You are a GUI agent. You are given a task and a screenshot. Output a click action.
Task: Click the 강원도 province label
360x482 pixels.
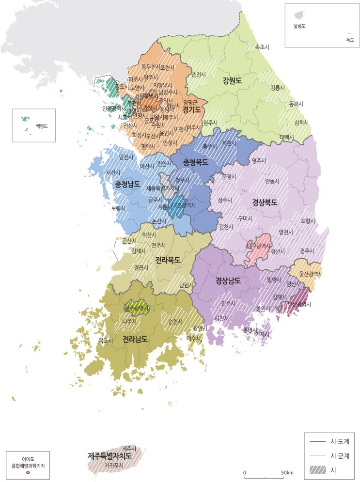(x=232, y=80)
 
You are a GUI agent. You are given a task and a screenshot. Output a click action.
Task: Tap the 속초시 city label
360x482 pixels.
(x=262, y=47)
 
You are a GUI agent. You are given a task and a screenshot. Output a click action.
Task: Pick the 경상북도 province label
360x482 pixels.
(x=265, y=202)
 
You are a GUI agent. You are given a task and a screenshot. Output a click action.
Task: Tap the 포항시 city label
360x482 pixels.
(x=308, y=221)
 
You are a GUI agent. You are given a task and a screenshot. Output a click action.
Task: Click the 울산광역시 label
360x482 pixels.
(x=311, y=274)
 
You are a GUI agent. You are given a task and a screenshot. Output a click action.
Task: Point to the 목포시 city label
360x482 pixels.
(x=106, y=341)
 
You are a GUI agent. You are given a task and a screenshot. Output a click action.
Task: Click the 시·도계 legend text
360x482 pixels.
(x=340, y=441)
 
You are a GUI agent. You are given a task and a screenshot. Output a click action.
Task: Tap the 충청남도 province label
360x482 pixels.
(x=127, y=184)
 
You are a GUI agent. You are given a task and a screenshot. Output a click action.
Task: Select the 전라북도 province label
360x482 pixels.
(x=168, y=260)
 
